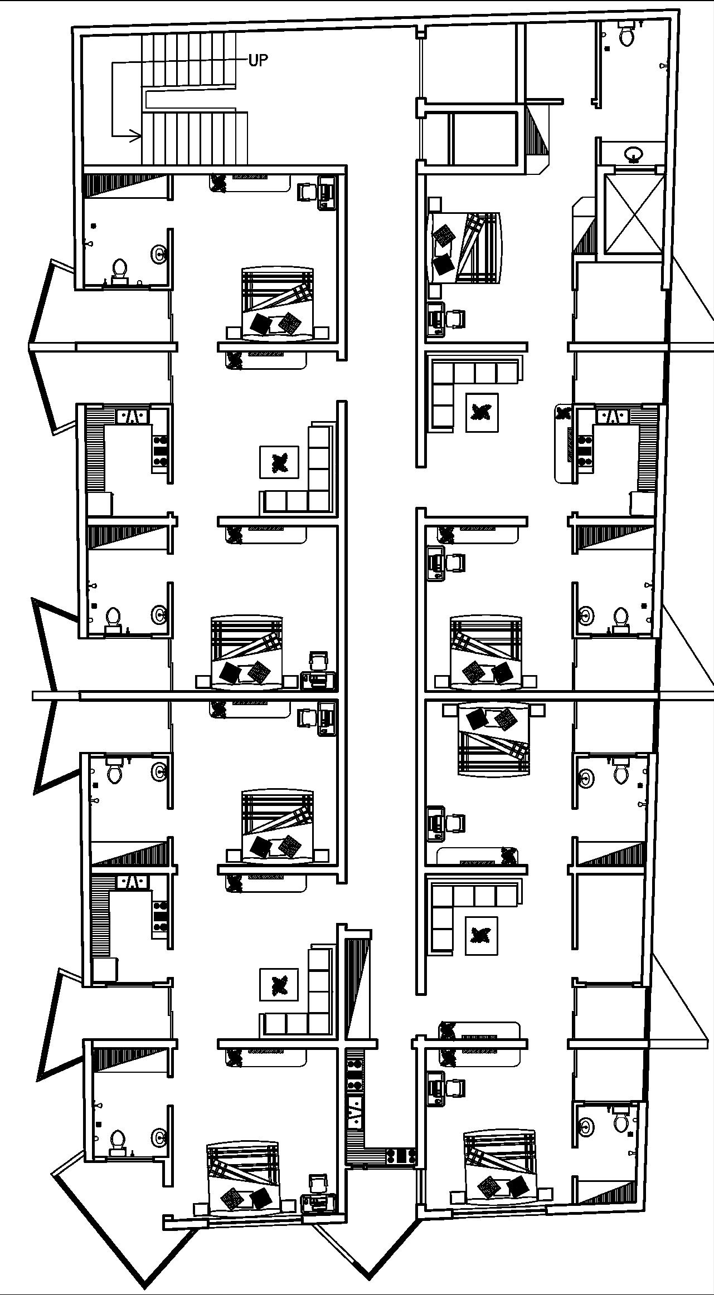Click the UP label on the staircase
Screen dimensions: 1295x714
[x=258, y=60]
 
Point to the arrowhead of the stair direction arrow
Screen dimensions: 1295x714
[x=135, y=135]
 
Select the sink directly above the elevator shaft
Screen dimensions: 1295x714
[x=633, y=153]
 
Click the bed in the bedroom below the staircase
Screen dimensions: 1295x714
[x=277, y=304]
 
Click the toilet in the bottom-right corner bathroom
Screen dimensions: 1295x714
[x=620, y=1122]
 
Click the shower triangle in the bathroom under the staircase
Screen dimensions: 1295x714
[x=126, y=185]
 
